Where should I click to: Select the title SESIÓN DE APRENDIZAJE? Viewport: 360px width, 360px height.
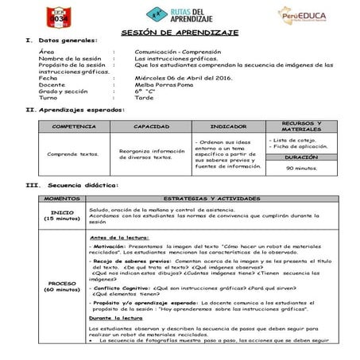click(x=180, y=33)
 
